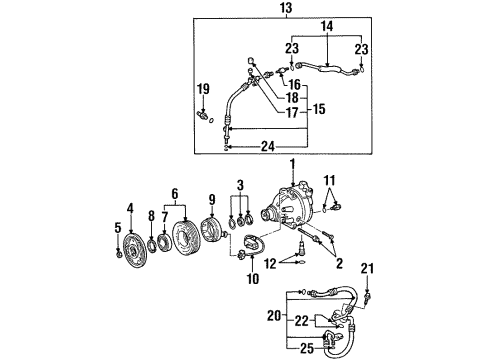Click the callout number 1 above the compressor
click(x=292, y=163)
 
